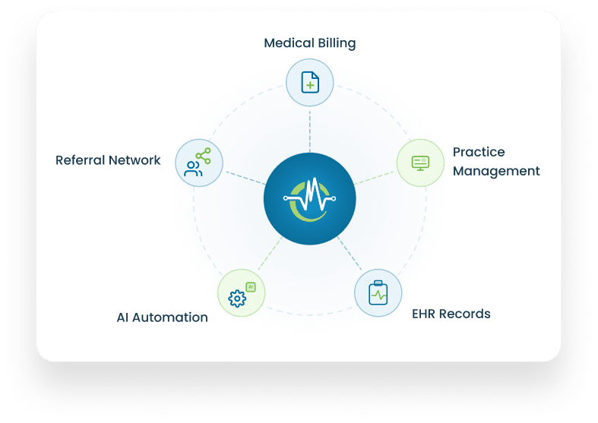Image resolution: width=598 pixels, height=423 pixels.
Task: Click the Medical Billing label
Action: point(310,43)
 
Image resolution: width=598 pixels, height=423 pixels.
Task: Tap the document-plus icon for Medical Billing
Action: point(310,82)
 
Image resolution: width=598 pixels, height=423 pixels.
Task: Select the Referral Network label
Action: point(108,160)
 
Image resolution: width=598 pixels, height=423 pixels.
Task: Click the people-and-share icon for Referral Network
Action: point(198,163)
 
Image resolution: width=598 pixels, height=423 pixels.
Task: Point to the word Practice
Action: point(479,152)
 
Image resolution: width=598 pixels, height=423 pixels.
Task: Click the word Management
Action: point(496,171)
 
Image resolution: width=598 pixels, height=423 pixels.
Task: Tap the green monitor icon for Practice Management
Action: point(420,163)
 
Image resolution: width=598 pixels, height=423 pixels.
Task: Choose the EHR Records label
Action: point(451,314)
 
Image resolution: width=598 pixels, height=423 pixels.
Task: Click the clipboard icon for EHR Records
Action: point(378,292)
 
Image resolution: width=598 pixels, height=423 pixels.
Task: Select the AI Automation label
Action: point(162,317)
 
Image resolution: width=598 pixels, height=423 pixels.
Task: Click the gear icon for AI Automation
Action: point(237,298)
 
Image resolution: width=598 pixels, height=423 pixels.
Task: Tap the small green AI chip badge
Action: point(251,286)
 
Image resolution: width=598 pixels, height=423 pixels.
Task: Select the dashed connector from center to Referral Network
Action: point(246,178)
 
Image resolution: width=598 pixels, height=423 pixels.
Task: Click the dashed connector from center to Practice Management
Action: point(374,178)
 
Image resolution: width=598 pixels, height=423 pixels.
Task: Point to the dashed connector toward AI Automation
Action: point(270,253)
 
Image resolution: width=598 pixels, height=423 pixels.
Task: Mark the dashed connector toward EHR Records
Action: point(350,253)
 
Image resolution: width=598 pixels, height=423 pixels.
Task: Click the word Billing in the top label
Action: point(337,43)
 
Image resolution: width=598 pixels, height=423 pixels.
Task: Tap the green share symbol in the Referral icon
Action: point(204,156)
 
